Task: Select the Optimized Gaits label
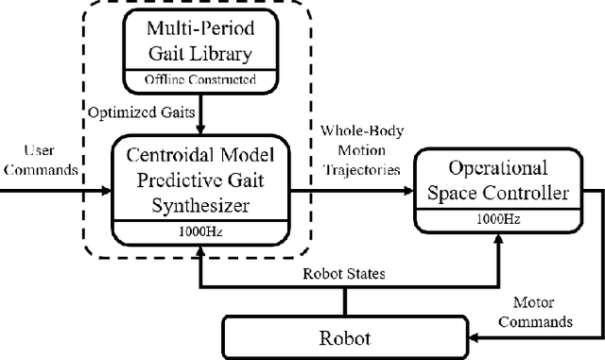point(142,111)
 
